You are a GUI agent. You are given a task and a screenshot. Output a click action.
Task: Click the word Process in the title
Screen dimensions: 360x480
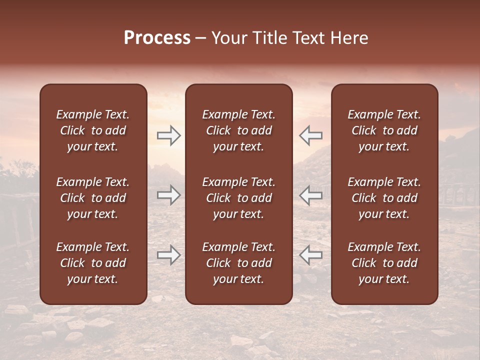(157, 38)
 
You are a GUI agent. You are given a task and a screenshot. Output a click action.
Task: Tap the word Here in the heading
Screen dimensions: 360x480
(350, 38)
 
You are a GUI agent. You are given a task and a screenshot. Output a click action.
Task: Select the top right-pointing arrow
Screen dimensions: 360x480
(169, 135)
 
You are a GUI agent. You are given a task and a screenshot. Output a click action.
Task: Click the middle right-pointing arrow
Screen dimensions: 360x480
(169, 195)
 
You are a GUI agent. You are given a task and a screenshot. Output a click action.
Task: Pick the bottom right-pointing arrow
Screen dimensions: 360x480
(169, 255)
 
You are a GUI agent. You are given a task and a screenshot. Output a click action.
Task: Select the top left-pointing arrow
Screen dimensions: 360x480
(310, 135)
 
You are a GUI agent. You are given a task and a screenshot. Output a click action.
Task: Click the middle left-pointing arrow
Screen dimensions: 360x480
(310, 195)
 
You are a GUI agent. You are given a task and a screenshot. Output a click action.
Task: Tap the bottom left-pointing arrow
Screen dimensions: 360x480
(310, 255)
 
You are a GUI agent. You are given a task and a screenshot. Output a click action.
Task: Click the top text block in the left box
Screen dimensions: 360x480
(93, 130)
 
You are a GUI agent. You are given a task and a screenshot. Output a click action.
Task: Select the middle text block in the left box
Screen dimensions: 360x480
(93, 198)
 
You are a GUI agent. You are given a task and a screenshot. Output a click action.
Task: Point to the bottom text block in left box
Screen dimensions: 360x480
(93, 263)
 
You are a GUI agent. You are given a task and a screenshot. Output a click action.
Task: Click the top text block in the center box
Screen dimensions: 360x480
(239, 130)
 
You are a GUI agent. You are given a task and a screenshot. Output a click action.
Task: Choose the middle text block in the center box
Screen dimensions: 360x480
(239, 198)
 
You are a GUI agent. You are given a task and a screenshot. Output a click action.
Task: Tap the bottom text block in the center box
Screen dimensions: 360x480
(239, 263)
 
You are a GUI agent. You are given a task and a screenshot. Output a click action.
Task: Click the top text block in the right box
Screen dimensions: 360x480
(384, 130)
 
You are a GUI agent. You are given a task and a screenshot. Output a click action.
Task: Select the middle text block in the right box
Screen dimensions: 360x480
(384, 198)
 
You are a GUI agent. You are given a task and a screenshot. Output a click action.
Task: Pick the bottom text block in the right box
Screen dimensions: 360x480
(384, 263)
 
